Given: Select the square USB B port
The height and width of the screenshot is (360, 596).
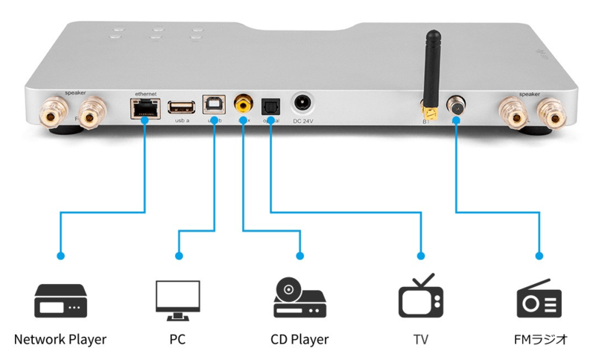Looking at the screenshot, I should (214, 106).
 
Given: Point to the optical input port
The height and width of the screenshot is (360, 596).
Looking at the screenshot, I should (270, 106).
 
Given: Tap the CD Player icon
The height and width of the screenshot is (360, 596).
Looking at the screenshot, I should (299, 298).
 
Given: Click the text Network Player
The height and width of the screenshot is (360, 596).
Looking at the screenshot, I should (60, 340).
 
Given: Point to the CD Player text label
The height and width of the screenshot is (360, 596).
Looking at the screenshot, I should (299, 340).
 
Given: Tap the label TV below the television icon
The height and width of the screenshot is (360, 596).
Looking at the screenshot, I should (421, 340).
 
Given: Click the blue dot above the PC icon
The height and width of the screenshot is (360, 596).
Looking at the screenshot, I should (178, 256).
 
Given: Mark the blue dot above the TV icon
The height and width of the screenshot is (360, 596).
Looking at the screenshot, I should (421, 256).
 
